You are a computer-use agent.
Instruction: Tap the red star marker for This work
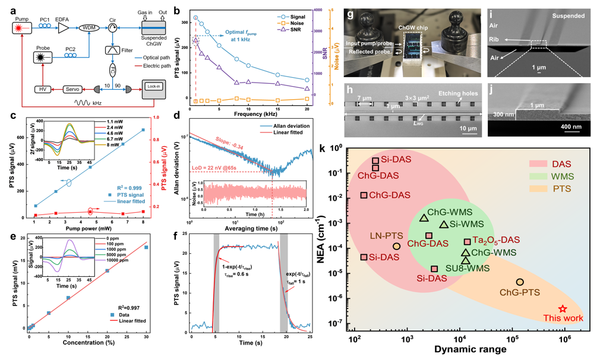pos(563,309)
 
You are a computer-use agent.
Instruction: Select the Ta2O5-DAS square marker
pos(467,242)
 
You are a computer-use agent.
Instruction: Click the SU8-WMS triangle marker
pos(466,260)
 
